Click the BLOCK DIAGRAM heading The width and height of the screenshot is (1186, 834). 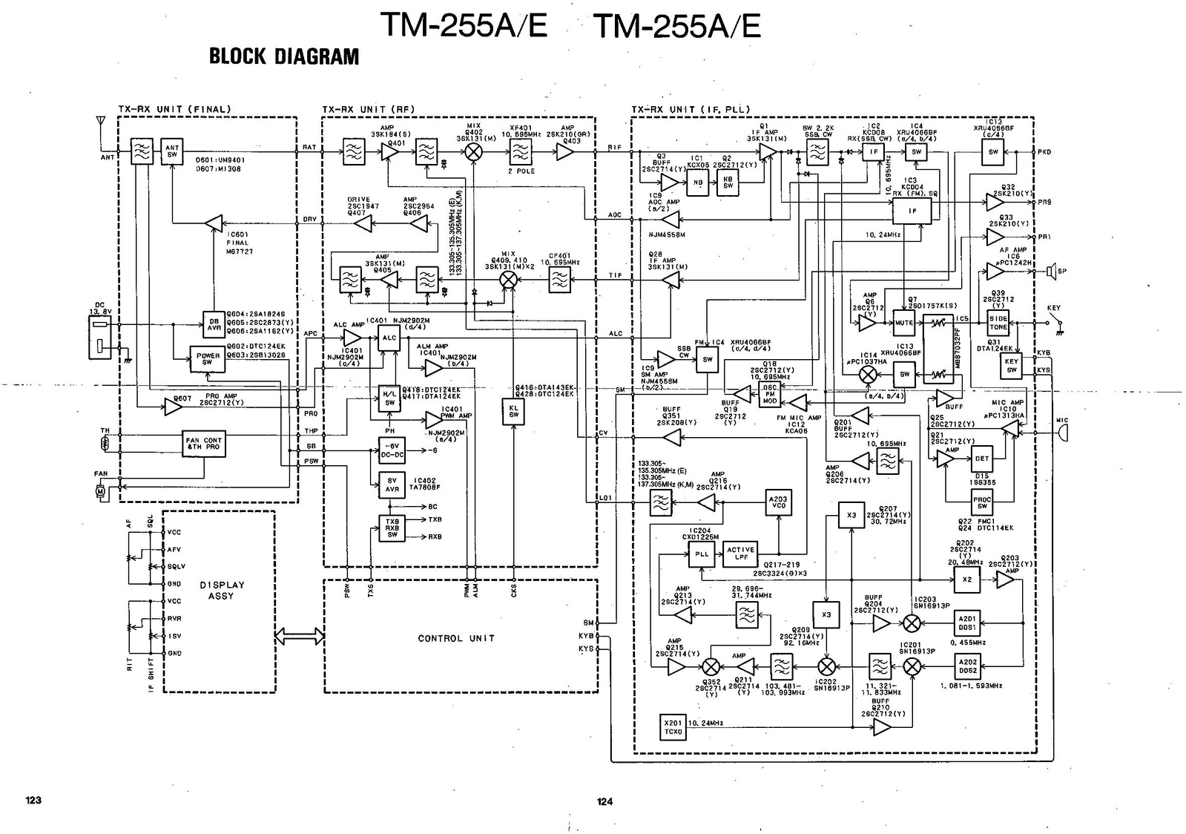pos(283,56)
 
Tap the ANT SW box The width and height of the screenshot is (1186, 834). pos(172,151)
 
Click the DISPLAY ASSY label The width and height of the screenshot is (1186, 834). pos(221,590)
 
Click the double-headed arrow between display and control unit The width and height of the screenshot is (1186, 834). pos(299,636)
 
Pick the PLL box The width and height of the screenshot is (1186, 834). pos(702,554)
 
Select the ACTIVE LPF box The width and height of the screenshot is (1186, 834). pos(740,554)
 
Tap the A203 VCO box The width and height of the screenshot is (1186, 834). pos(777,504)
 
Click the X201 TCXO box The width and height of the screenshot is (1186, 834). pos(673,727)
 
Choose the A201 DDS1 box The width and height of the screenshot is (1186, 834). pos(967,623)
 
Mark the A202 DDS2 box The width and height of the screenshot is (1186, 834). pos(967,666)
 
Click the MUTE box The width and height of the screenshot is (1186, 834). pos(903,324)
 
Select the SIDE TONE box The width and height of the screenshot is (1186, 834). pos(998,323)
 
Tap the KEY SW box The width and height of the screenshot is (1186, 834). pos(1011,366)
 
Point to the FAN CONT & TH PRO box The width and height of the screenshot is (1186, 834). pos(204,444)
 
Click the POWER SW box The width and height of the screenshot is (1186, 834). pos(207,359)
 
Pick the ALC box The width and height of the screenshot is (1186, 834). pos(389,338)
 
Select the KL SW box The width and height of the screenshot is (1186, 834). pos(513,410)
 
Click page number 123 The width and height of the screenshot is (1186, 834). pos(33,800)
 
